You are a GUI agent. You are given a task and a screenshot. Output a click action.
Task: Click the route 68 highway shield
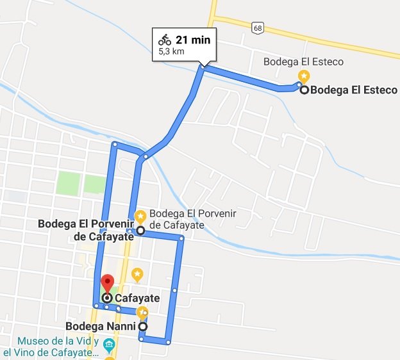pos(258,28)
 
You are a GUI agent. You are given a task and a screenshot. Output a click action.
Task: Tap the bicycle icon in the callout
pos(165,40)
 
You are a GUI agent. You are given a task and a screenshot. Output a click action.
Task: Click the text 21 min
pos(193,40)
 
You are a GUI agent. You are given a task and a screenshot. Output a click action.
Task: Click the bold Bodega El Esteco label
pos(353,90)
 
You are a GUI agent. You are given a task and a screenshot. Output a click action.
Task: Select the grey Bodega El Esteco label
pos(304,62)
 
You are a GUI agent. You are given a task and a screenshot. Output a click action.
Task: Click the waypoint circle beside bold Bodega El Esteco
pos(304,90)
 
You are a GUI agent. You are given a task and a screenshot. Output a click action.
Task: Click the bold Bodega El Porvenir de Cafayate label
pos(85,230)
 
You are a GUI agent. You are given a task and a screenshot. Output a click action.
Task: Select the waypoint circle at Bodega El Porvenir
pos(140,230)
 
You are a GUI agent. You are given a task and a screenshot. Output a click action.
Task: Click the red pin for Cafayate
pos(107,282)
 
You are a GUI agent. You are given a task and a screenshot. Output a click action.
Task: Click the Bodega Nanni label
pos(101,326)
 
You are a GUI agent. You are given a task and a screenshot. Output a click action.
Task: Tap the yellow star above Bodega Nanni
pos(142,312)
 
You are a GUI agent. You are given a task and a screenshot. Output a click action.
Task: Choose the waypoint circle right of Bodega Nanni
pos(142,326)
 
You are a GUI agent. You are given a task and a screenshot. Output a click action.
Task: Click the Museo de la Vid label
pos(52,347)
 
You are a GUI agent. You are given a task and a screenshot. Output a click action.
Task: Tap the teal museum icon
pos(109,347)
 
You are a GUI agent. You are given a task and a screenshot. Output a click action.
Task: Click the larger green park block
pos(70,183)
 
